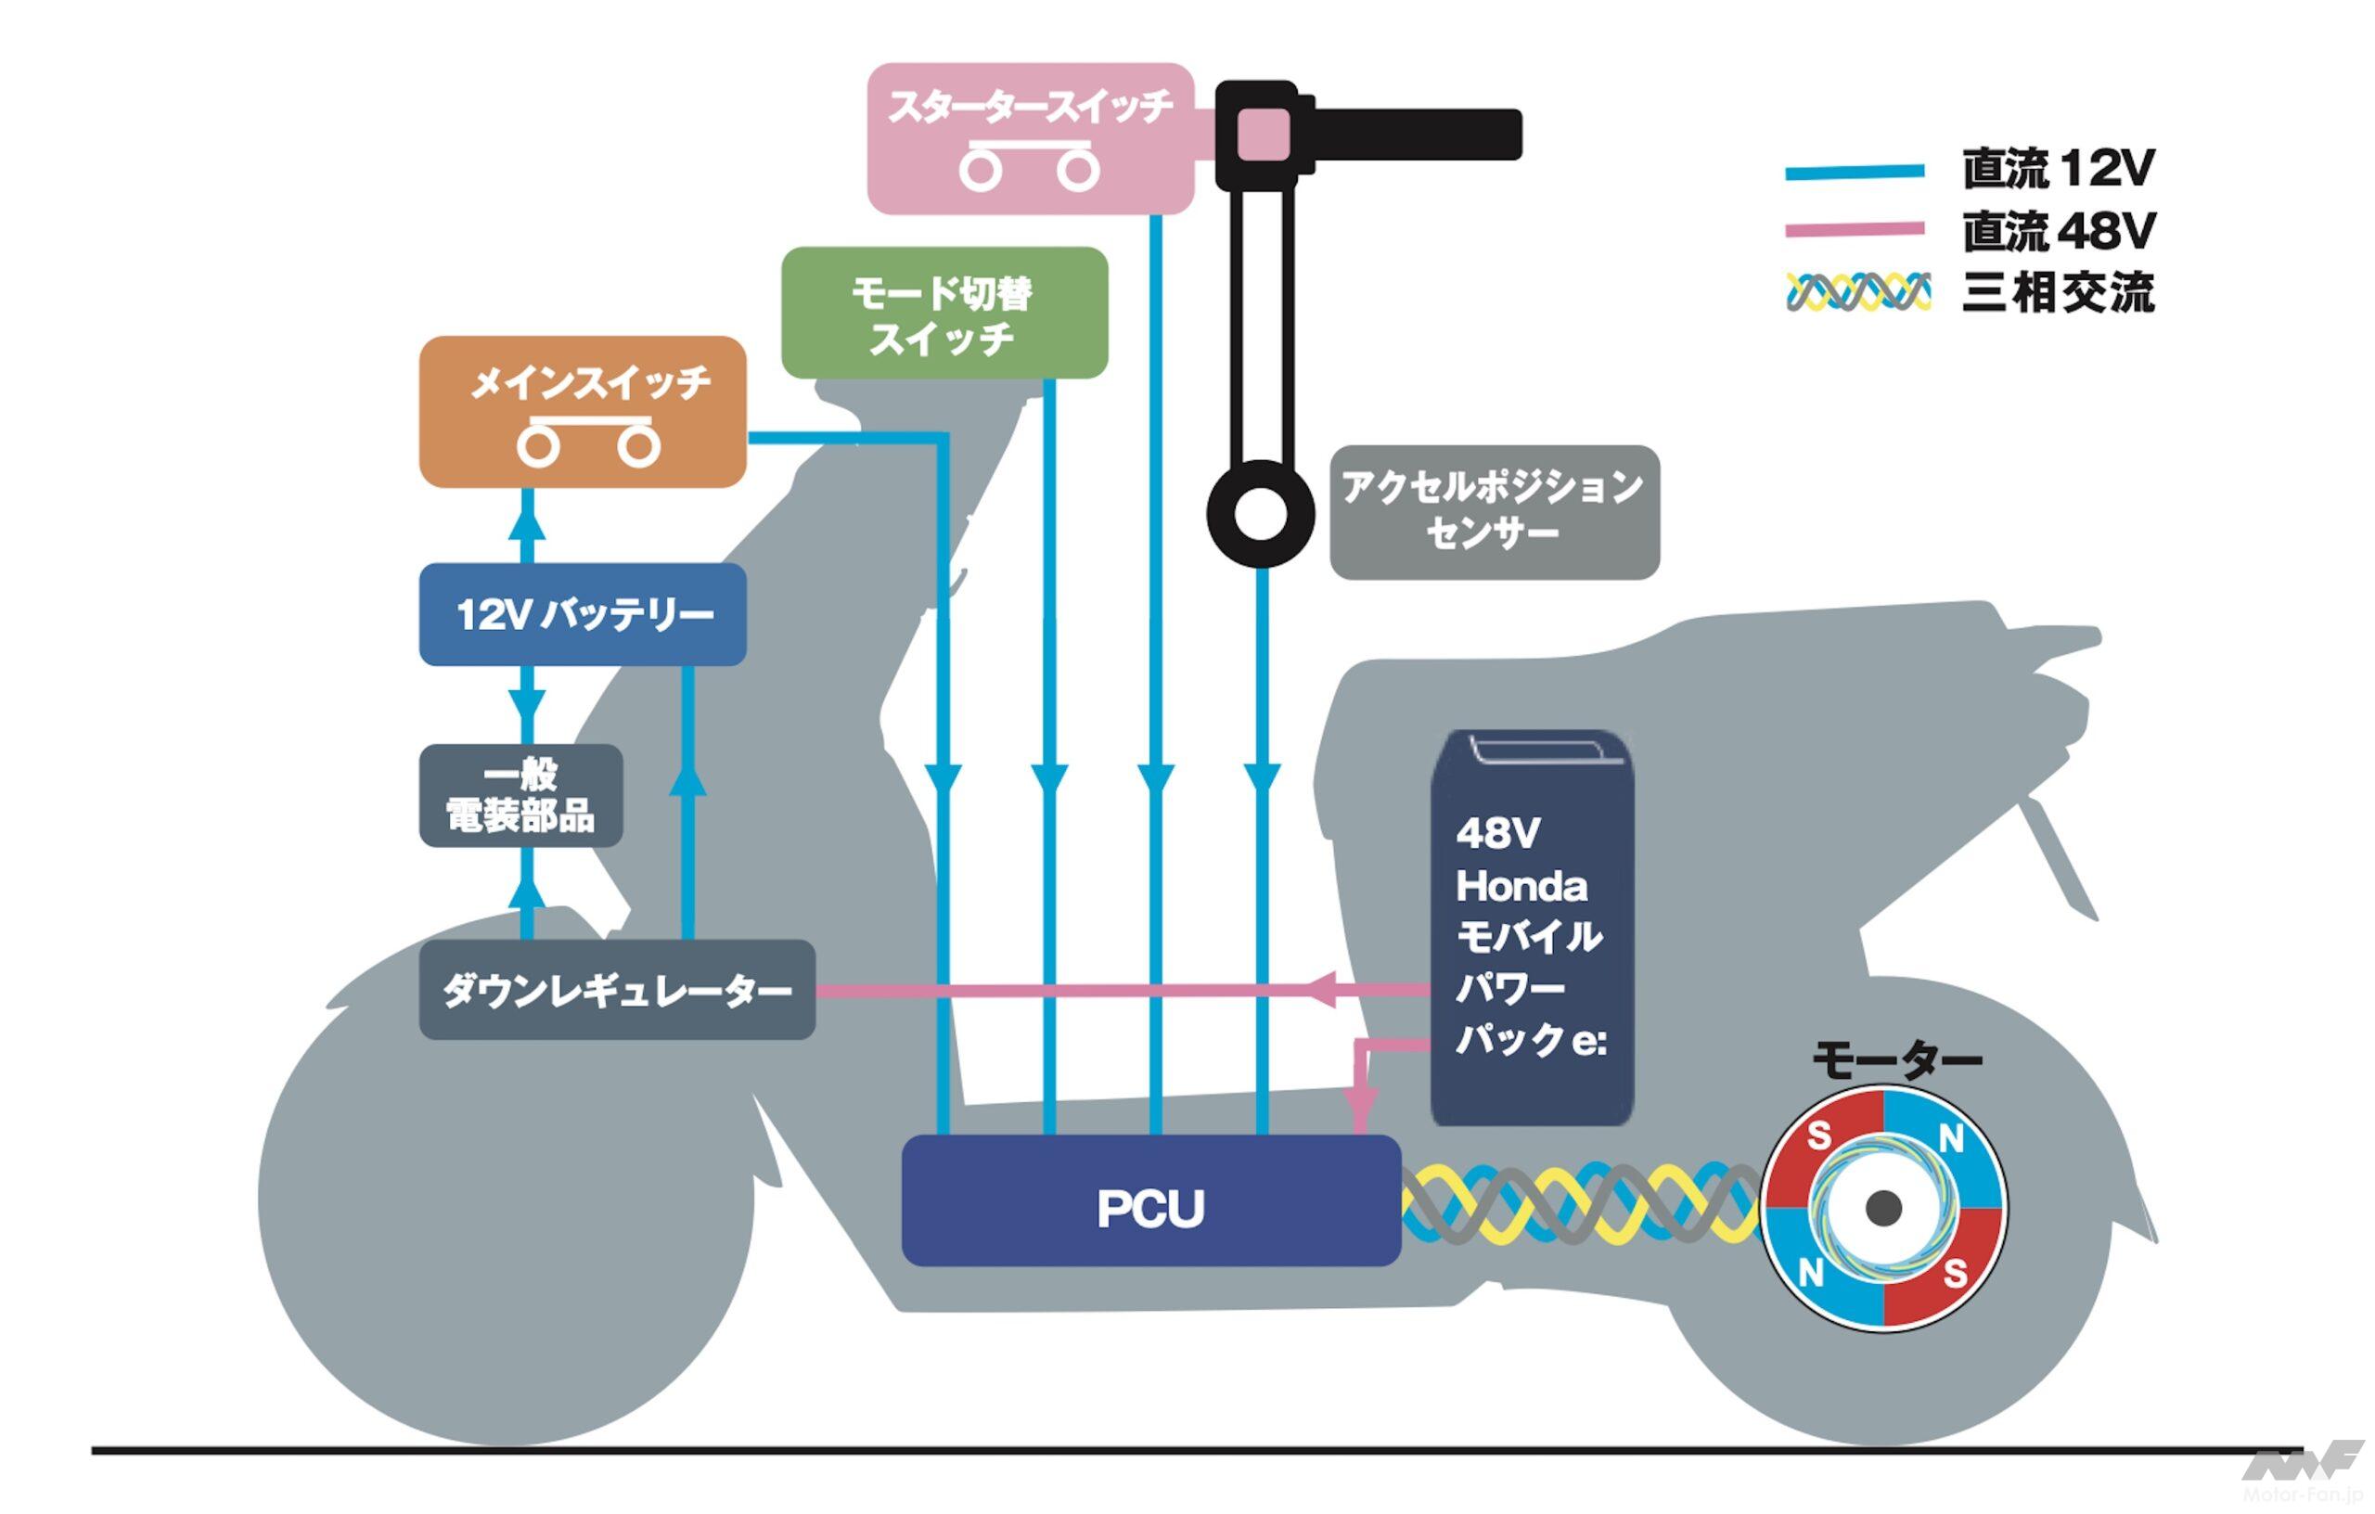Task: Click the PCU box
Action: pos(1151,1200)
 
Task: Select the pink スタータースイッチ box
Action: pos(1030,138)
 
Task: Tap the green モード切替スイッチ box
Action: pos(944,313)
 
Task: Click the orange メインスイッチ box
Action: pos(583,411)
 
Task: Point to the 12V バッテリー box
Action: pos(583,614)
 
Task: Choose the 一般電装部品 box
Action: pos(520,796)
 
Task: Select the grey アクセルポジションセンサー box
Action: pos(1495,512)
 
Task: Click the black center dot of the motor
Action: pos(1884,1206)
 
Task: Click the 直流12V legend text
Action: pos(2059,169)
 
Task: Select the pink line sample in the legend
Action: pos(1855,230)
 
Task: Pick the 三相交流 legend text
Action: pos(2059,292)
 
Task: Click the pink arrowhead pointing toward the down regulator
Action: pos(1322,989)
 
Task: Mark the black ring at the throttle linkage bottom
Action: pos(1261,514)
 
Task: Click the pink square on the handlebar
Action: pos(1264,135)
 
